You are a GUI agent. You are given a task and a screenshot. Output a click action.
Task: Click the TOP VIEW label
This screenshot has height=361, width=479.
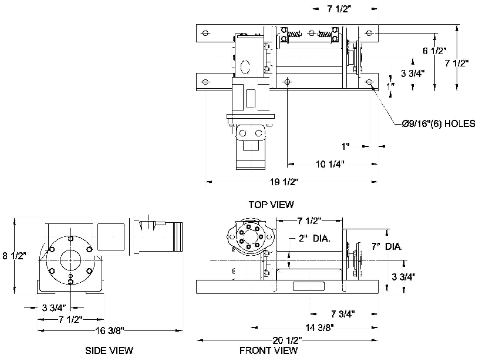coord(271,205)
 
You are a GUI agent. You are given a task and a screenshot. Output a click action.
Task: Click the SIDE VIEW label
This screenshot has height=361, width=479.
coord(109,350)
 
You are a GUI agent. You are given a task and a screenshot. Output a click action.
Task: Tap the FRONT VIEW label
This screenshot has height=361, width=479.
coord(269,350)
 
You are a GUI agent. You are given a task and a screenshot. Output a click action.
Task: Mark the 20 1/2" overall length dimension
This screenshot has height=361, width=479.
coord(288,340)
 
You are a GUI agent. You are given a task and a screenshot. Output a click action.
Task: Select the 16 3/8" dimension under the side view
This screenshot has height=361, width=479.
coord(109,331)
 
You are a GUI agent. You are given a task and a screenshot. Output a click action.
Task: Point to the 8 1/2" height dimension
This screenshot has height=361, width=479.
coord(14,256)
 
